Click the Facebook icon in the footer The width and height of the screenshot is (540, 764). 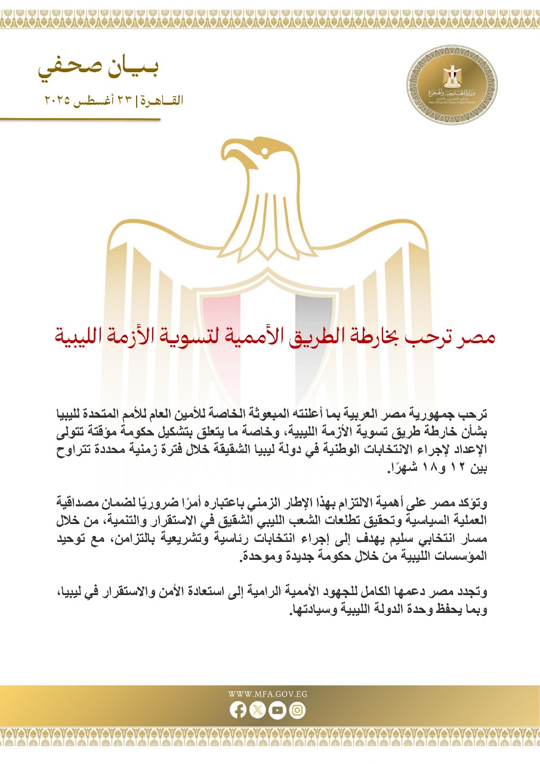[x=237, y=710]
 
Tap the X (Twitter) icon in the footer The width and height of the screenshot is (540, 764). [x=257, y=710]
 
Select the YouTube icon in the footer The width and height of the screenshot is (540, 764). [x=277, y=710]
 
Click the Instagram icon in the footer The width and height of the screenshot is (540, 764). [x=298, y=710]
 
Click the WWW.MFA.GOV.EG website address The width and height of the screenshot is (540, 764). [x=267, y=694]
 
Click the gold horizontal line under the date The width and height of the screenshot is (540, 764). [x=81, y=119]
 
